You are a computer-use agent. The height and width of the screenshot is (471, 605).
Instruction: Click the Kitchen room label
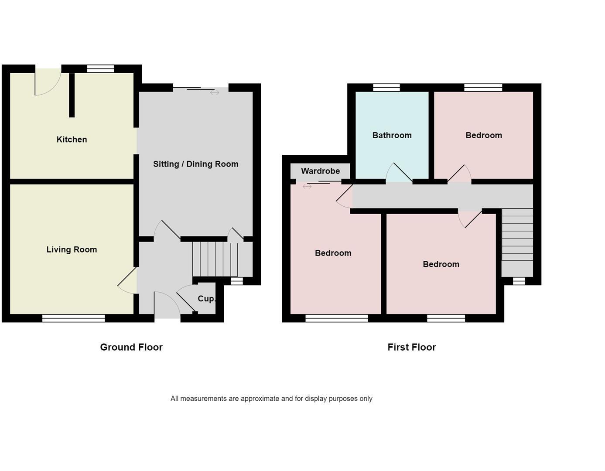(72, 140)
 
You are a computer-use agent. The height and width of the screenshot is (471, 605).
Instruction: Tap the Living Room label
(72, 249)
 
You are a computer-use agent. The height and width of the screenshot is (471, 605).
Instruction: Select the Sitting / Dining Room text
(195, 164)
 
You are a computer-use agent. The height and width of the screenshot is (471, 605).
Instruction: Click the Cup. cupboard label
(206, 299)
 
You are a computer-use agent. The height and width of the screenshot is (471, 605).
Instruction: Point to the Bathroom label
(392, 135)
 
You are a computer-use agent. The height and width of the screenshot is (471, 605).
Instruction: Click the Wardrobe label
(320, 171)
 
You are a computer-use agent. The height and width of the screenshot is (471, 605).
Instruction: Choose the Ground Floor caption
(131, 347)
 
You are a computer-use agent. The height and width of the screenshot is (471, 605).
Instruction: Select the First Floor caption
(411, 347)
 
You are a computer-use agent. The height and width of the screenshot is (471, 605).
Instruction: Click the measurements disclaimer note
(271, 399)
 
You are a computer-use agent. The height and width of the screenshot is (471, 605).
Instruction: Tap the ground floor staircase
(215, 259)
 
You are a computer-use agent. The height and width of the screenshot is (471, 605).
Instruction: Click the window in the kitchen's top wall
(100, 69)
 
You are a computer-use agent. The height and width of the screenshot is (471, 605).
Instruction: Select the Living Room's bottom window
(73, 318)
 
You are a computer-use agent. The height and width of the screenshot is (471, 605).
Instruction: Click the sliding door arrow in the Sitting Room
(214, 92)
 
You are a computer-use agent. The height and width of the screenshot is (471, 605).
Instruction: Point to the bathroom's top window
(386, 88)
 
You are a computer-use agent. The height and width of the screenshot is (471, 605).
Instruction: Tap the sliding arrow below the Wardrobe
(307, 187)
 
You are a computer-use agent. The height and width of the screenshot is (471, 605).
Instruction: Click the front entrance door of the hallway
(167, 305)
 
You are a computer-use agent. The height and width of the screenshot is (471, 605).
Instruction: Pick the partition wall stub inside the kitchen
(72, 95)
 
